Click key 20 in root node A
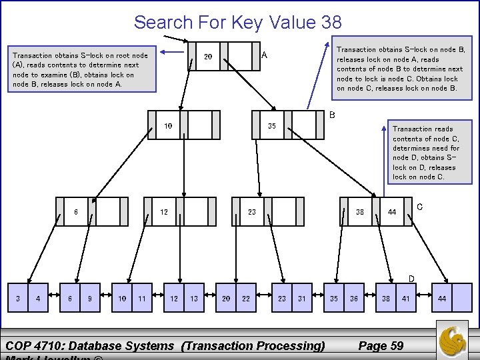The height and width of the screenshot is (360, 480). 208,57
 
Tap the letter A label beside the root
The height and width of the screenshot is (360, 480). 265,55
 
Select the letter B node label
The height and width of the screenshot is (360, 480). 332,115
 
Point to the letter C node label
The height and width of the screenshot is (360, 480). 419,207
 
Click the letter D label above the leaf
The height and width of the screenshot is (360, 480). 411,278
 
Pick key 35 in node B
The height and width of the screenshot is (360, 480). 272,125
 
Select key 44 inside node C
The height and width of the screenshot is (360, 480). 393,212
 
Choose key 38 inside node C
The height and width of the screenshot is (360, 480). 360,212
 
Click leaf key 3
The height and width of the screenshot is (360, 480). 18,299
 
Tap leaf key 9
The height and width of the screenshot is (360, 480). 90,299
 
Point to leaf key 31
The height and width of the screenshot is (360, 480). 302,299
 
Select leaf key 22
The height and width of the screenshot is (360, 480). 246,299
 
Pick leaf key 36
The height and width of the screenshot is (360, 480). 354,299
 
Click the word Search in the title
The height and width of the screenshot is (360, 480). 163,22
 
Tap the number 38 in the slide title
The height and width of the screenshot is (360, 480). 331,22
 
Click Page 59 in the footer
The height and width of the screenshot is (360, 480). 381,345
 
